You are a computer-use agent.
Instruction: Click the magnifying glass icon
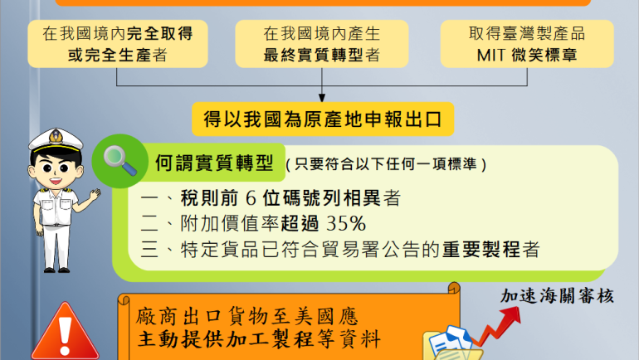(120, 160)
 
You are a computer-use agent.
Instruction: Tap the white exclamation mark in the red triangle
(65, 336)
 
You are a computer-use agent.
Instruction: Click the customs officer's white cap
(56, 140)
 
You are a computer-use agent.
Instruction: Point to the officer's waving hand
(95, 194)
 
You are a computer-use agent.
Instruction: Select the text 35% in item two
(346, 224)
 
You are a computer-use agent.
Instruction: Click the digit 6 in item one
(251, 198)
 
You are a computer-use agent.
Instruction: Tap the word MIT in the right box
(491, 56)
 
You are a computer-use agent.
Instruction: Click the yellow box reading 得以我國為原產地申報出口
(323, 119)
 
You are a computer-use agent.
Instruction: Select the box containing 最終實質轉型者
(322, 44)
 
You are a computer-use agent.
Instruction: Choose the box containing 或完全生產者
(118, 44)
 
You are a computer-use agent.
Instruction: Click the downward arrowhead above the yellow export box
(322, 98)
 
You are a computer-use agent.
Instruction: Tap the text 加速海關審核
(557, 296)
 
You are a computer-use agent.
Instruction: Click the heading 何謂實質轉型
(214, 163)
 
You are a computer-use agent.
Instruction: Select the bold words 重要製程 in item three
(480, 249)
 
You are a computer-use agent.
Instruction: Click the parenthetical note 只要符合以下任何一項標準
(386, 164)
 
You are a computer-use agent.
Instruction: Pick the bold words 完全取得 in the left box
(160, 33)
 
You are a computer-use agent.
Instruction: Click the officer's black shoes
(56, 270)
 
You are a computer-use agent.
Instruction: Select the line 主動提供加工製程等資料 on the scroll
(259, 338)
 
